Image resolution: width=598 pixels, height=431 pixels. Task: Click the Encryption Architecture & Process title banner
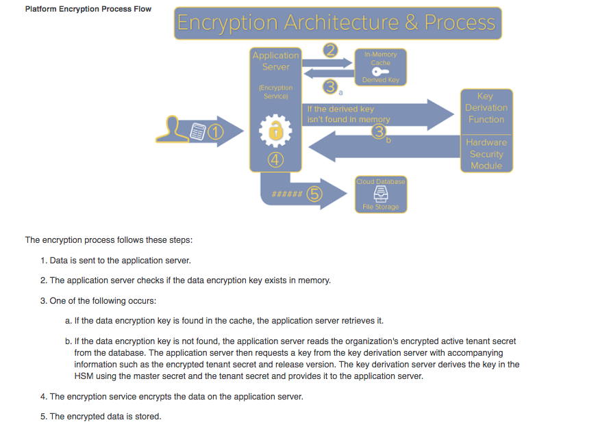click(336, 23)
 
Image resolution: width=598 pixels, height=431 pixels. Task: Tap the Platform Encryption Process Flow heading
click(88, 9)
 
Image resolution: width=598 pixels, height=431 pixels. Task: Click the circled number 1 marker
click(216, 131)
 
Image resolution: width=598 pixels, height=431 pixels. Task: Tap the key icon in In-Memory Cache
click(380, 72)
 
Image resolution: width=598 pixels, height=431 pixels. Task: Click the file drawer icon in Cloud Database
click(381, 194)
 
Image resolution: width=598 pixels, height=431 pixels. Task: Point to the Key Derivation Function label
click(486, 107)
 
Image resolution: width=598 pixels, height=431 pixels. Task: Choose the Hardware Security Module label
click(486, 154)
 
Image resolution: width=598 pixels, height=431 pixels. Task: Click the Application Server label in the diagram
click(275, 61)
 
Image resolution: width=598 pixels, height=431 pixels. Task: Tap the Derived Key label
click(380, 80)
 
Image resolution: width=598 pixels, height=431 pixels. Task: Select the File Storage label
click(381, 207)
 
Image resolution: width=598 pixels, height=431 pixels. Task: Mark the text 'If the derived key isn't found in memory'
click(348, 114)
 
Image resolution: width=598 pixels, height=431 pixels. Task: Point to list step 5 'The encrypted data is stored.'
click(105, 416)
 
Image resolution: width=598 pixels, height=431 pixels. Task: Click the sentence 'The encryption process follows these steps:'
click(109, 240)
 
